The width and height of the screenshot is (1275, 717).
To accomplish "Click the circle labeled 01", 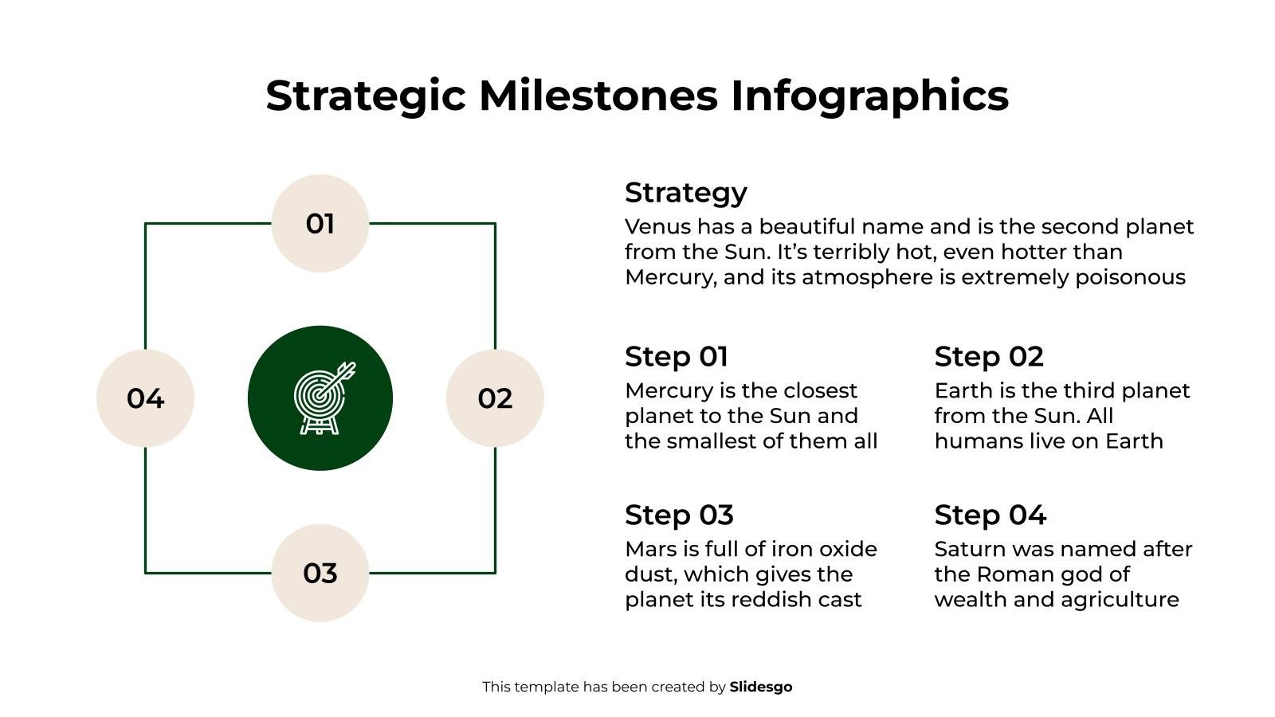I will pyautogui.click(x=320, y=223).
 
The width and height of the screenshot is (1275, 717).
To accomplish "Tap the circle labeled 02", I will pyautogui.click(x=495, y=398).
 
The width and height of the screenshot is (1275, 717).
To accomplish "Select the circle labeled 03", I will pyautogui.click(x=320, y=572).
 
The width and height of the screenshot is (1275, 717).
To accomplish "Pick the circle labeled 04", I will pyautogui.click(x=145, y=398).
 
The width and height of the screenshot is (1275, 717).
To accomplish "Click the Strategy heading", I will pyautogui.click(x=685, y=193).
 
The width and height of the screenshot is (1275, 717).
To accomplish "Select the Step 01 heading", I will pyautogui.click(x=676, y=356).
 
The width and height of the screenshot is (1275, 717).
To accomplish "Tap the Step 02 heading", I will pyautogui.click(x=988, y=356).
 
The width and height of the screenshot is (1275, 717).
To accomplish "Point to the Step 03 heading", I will pyautogui.click(x=679, y=515).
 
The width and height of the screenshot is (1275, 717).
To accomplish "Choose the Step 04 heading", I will pyautogui.click(x=990, y=515).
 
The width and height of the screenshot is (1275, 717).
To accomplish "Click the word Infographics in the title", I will pyautogui.click(x=869, y=95).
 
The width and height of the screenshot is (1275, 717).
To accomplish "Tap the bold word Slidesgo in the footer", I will pyautogui.click(x=760, y=687).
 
